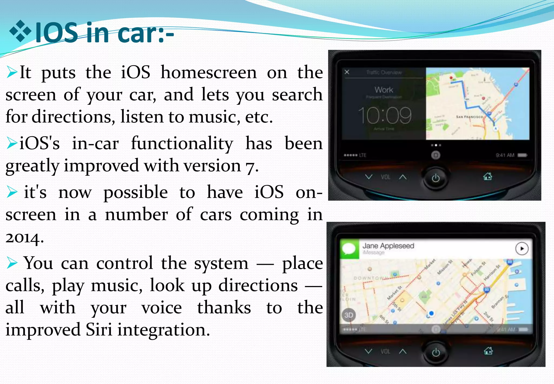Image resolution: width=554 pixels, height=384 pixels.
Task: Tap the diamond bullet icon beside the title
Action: click(x=20, y=32)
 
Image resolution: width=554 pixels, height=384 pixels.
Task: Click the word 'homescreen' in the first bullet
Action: click(x=209, y=73)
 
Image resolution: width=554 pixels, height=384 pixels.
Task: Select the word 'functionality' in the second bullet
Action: click(x=182, y=144)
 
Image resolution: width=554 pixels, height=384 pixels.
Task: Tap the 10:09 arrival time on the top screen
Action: click(x=384, y=115)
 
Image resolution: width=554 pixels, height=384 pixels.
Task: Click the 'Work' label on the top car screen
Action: click(x=384, y=90)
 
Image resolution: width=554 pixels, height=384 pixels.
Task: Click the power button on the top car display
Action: click(x=436, y=178)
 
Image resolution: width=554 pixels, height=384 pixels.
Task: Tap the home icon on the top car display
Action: click(x=487, y=177)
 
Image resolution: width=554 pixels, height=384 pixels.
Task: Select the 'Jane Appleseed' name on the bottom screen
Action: click(x=388, y=246)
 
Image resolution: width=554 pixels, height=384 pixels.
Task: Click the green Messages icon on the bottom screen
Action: click(x=349, y=249)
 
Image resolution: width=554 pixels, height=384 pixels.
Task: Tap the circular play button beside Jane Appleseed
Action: click(x=522, y=249)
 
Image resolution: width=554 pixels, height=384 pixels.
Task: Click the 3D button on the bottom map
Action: click(x=349, y=315)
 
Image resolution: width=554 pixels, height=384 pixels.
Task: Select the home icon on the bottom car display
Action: click(x=488, y=351)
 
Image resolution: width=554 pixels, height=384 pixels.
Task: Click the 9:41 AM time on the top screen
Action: click(x=505, y=155)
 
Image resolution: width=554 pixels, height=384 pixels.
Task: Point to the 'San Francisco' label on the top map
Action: click(x=469, y=117)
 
